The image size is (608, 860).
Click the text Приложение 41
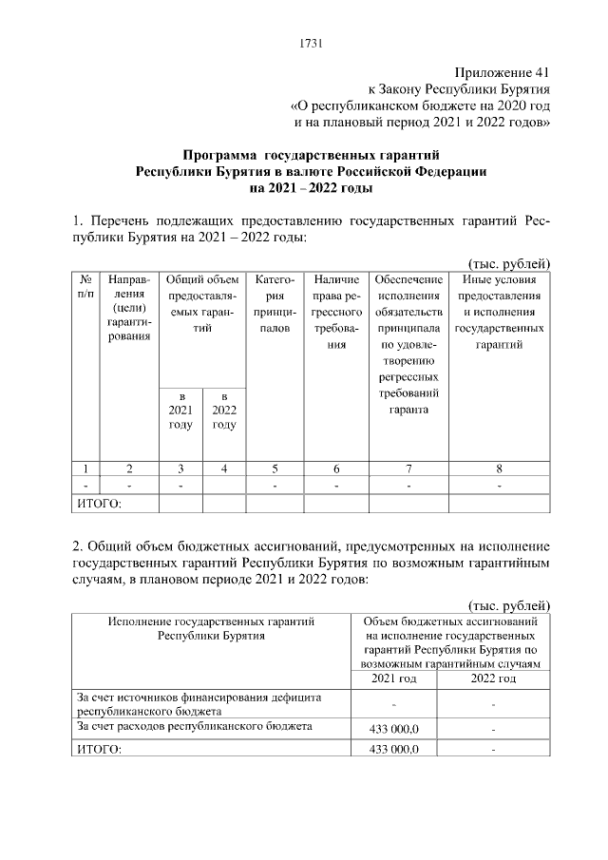(502, 71)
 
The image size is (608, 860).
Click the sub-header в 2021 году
(180, 410)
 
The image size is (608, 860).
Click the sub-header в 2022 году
(224, 410)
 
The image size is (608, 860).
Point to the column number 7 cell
(408, 468)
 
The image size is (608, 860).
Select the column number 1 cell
(85, 468)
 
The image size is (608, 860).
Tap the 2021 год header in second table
(393, 679)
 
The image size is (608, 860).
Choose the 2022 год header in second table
(494, 679)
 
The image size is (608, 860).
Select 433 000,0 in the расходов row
(393, 728)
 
